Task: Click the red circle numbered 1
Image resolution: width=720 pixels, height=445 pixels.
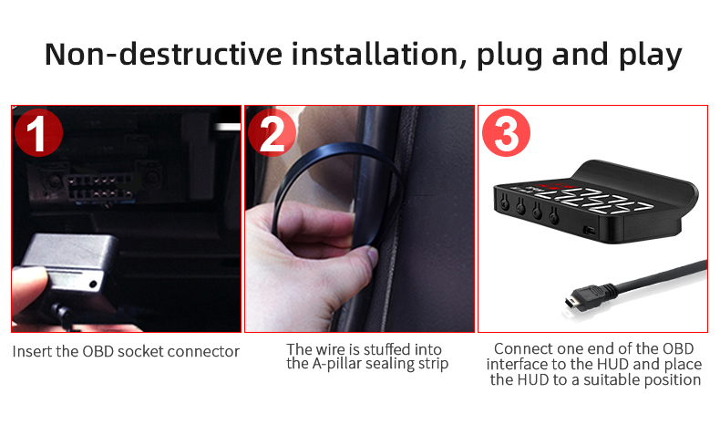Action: coord(38,133)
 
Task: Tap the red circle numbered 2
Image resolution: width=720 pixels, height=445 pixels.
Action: coord(272,133)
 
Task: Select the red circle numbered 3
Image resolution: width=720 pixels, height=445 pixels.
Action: coord(506,133)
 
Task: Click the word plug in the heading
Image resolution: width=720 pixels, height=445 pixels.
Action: coord(509,56)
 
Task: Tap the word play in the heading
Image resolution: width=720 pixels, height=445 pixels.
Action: coord(650,56)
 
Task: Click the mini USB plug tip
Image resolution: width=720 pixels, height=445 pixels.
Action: coord(571,302)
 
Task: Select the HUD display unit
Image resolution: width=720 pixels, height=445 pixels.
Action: coord(596,202)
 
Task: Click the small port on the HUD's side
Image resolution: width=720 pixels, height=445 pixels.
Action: coord(590,230)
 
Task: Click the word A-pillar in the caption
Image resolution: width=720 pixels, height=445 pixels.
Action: coord(336,364)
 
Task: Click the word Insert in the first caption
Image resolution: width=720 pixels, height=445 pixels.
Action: coord(32,351)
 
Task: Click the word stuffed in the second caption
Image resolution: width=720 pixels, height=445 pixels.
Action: coord(387,349)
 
